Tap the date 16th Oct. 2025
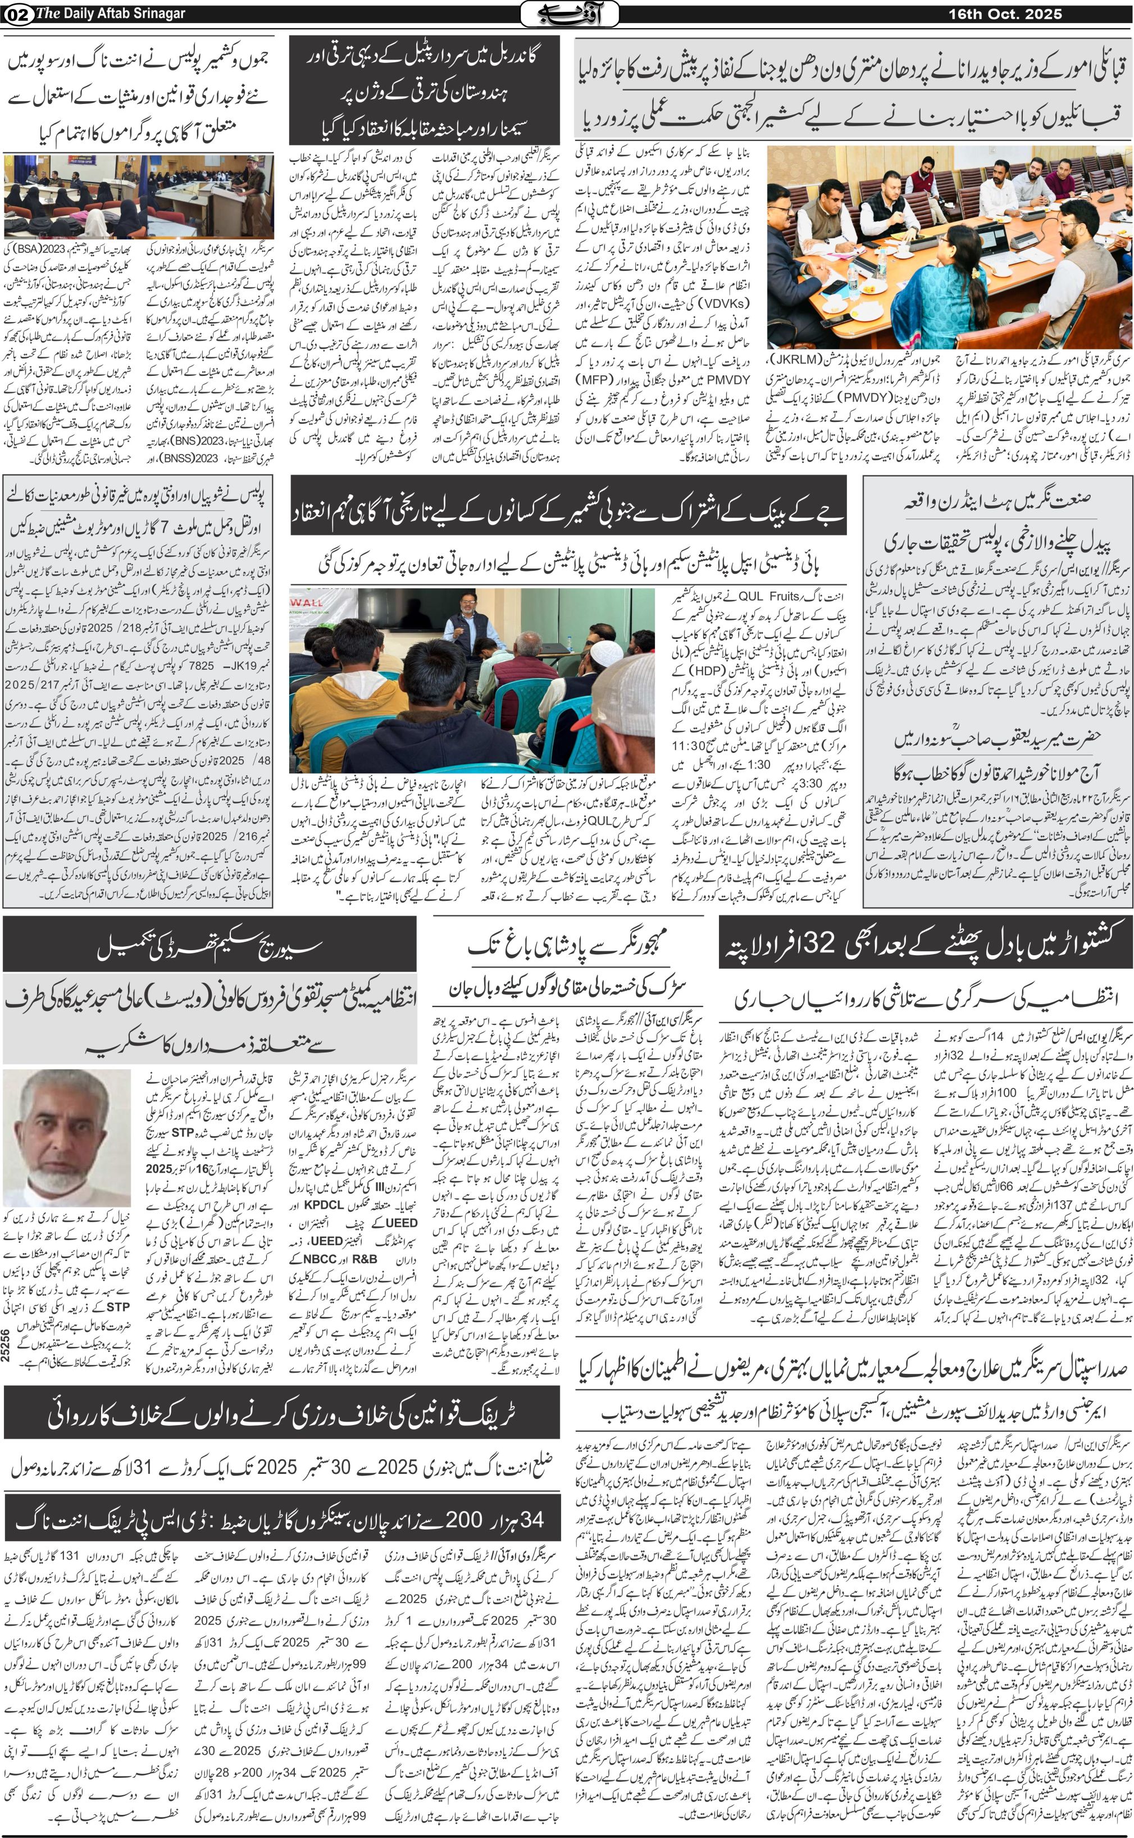pos(1004,13)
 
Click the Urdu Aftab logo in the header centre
pos(570,13)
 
